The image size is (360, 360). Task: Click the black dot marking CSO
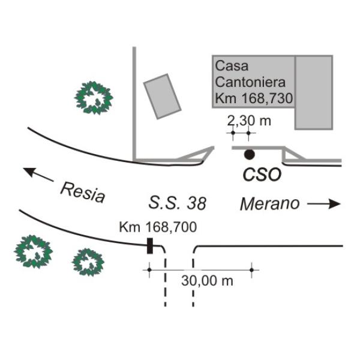[x=249, y=154]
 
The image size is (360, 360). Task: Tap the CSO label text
[x=262, y=175]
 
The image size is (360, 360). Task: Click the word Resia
[x=83, y=193]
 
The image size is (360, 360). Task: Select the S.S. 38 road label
[x=177, y=203]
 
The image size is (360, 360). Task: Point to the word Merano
[x=270, y=203]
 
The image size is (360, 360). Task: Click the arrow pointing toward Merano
[x=324, y=203]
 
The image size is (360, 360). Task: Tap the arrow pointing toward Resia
[x=38, y=174]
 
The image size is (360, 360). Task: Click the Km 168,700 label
[x=158, y=227]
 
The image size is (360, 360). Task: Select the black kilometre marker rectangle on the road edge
[x=150, y=246]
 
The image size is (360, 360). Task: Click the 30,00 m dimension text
[x=207, y=281]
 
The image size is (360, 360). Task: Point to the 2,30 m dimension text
[x=249, y=121]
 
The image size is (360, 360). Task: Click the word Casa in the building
[x=232, y=66]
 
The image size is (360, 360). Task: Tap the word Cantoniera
[x=250, y=82]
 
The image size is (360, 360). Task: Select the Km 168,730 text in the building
[x=254, y=98]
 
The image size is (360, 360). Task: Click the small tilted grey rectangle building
[x=163, y=97]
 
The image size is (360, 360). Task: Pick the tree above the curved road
[x=94, y=98]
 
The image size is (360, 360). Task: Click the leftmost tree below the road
[x=34, y=251]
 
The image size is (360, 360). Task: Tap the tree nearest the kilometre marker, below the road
[x=88, y=262]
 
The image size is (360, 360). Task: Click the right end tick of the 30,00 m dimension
[x=251, y=270]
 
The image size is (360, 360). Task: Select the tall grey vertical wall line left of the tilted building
[x=134, y=103]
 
